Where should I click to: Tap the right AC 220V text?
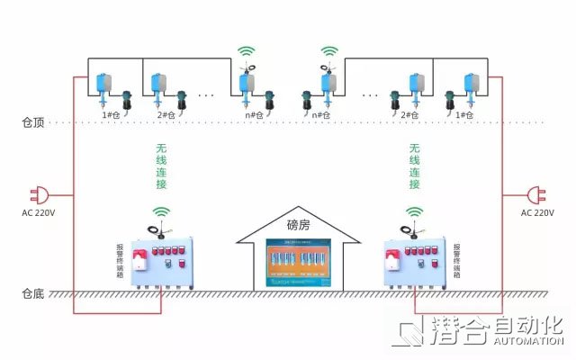pyautogui.click(x=537, y=213)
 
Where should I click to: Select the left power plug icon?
pyautogui.click(x=41, y=194)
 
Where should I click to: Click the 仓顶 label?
pyautogui.click(x=32, y=121)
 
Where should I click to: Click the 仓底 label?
pyautogui.click(x=32, y=293)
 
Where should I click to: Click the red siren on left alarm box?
pyautogui.click(x=139, y=262)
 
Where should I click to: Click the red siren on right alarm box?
pyautogui.click(x=392, y=262)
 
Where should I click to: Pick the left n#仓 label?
pyautogui.click(x=254, y=115)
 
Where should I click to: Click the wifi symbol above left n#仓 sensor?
pyautogui.click(x=247, y=52)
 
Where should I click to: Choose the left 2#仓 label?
pyautogui.click(x=166, y=115)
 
